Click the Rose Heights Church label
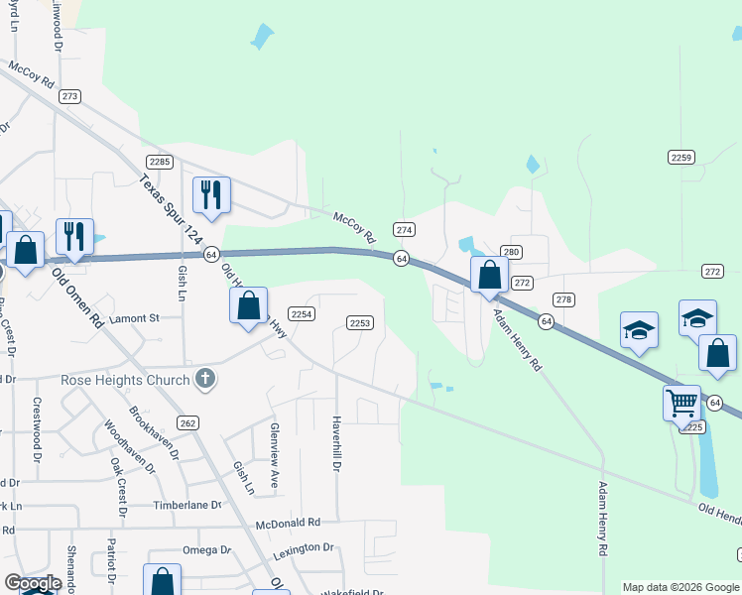click(x=125, y=380)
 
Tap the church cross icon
click(x=205, y=378)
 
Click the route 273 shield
click(x=69, y=96)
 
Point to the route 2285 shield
click(x=159, y=162)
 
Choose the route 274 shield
click(x=404, y=229)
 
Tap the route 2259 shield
click(x=680, y=157)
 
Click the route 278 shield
click(x=564, y=299)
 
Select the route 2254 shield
click(x=303, y=313)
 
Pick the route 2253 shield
click(x=360, y=322)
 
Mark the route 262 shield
click(x=188, y=423)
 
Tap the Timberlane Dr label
click(x=187, y=505)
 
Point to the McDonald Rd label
click(x=288, y=523)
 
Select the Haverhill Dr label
click(x=337, y=443)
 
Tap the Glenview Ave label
click(x=275, y=443)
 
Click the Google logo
click(x=33, y=584)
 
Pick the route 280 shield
click(x=511, y=252)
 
